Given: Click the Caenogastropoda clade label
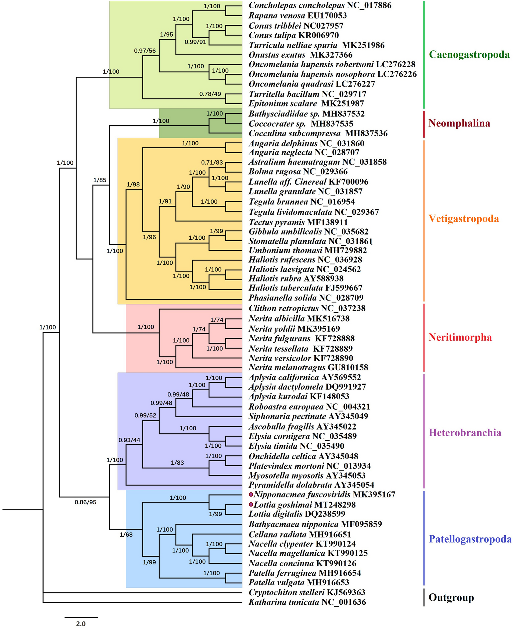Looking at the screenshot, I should coord(469,54).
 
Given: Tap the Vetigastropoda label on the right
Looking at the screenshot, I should coord(463,219).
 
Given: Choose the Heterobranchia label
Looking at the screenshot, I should coord(465,433).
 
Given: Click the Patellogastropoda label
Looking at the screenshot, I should coord(470,539).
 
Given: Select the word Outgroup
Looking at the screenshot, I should coord(451,597).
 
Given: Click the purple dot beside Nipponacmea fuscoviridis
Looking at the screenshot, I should coord(251,494).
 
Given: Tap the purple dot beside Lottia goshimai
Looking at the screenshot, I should coord(251,504).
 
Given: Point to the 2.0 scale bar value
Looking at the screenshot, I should coord(81,624).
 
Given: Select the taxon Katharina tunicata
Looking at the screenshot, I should coord(284,602).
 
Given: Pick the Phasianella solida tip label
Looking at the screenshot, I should coord(282,298).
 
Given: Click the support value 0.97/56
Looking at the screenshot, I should coord(145,51).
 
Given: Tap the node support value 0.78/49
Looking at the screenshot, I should coord(210,94).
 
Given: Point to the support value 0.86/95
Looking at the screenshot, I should coord(85,502).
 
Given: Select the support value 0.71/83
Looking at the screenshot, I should coord(212,162).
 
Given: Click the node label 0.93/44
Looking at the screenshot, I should coord(129,440).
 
